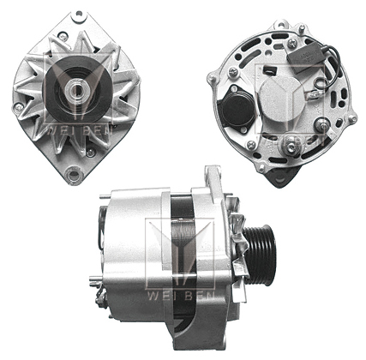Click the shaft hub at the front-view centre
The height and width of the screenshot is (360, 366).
pyautogui.click(x=76, y=86)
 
